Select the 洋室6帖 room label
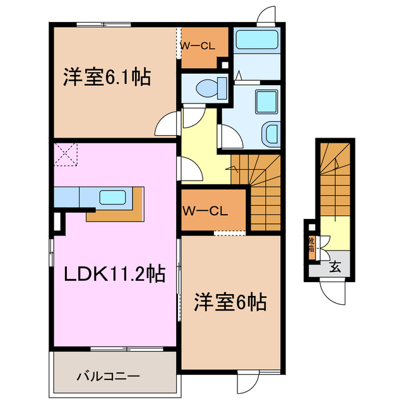[229, 302]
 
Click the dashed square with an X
[65, 154]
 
